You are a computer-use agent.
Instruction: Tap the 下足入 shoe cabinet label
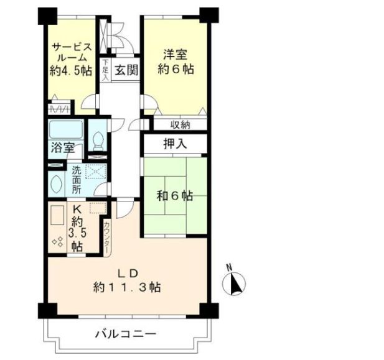(x=106, y=70)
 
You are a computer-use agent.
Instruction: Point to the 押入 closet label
(x=175, y=144)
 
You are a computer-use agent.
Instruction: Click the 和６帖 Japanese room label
(x=174, y=196)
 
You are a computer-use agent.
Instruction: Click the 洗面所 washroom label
(x=76, y=178)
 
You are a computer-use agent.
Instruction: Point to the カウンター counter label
(x=107, y=236)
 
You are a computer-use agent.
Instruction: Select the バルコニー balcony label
(x=126, y=334)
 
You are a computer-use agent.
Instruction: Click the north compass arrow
(x=235, y=283)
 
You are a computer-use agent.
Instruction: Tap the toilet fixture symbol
(x=98, y=137)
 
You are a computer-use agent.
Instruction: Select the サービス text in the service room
(x=72, y=47)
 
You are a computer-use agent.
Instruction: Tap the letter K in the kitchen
(x=77, y=210)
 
